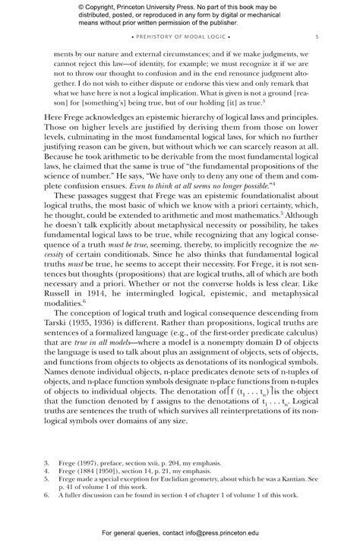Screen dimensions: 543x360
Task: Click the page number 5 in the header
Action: tap(317, 36)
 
